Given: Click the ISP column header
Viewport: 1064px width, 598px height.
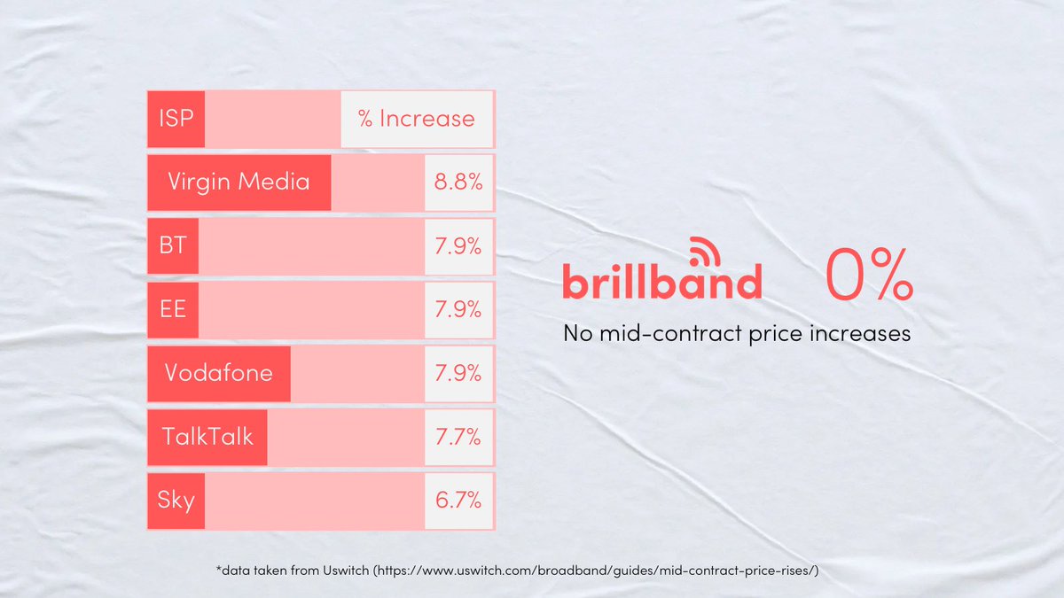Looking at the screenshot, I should (176, 119).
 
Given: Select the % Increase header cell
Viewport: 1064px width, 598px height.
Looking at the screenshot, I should (417, 119).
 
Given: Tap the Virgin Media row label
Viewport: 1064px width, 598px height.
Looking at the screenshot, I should (239, 183).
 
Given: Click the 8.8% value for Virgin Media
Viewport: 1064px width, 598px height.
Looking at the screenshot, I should (458, 183).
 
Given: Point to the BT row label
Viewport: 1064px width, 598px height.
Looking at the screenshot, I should (173, 245).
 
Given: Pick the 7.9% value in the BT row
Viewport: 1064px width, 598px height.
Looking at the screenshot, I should (458, 245).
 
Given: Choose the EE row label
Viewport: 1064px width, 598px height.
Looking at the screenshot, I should (173, 309).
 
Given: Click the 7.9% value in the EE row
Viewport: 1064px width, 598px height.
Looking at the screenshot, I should (458, 309).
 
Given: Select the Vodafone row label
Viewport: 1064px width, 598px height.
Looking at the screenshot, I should (218, 372).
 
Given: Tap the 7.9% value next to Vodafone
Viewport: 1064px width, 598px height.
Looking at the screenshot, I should (458, 372).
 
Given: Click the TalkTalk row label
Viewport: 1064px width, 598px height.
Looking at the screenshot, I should (207, 436).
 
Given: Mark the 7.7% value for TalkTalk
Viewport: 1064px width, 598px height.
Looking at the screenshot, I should (458, 436).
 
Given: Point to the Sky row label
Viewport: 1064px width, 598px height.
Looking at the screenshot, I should (176, 500).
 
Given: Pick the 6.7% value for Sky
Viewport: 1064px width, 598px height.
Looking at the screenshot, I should (458, 500).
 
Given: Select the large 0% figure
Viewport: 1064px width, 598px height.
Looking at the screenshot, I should (869, 276).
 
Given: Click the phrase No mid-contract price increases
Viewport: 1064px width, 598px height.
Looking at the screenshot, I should (737, 335).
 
